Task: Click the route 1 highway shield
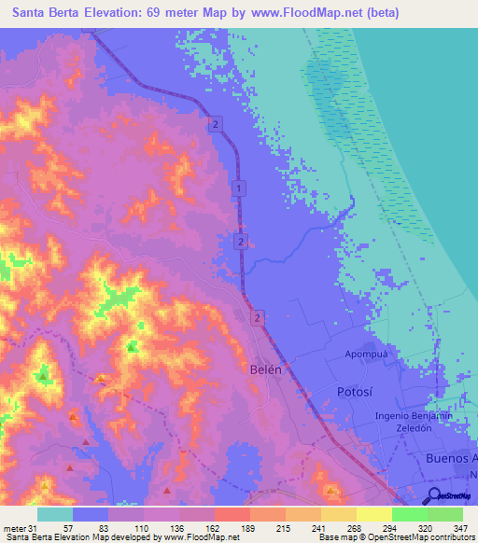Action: click(x=240, y=188)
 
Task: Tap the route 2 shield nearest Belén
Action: click(x=257, y=318)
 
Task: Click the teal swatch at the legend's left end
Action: click(x=54, y=514)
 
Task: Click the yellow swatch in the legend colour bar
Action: click(x=373, y=514)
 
